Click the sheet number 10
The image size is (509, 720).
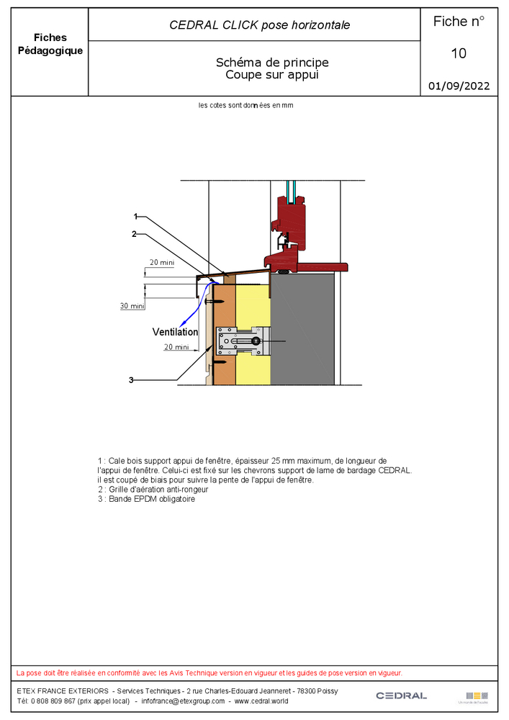point(459,53)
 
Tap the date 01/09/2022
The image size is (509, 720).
point(459,86)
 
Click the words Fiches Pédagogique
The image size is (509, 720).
point(50,44)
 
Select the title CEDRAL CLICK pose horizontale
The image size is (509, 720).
point(259,25)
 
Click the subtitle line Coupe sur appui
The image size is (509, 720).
point(271,74)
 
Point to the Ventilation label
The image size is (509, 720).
point(175,332)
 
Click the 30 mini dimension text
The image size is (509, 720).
point(132,306)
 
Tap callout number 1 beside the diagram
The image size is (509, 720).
point(135,216)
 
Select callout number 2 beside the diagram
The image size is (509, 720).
point(134,233)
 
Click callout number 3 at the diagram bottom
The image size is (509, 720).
point(131,379)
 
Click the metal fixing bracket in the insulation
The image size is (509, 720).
point(243,341)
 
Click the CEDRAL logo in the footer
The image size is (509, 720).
point(401,696)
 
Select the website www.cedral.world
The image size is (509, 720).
point(261,701)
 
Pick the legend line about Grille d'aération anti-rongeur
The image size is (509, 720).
point(155,490)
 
